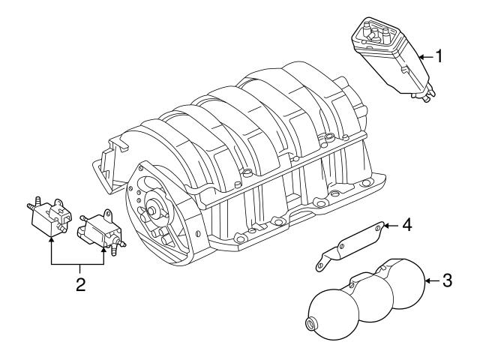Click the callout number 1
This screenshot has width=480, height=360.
click(x=439, y=55)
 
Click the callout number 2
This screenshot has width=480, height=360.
click(x=78, y=285)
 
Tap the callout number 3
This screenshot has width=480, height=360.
click(x=447, y=281)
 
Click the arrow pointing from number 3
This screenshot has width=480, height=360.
click(x=429, y=281)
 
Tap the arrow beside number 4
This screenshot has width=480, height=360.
click(x=390, y=224)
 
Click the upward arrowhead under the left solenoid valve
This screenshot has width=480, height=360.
click(x=51, y=239)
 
